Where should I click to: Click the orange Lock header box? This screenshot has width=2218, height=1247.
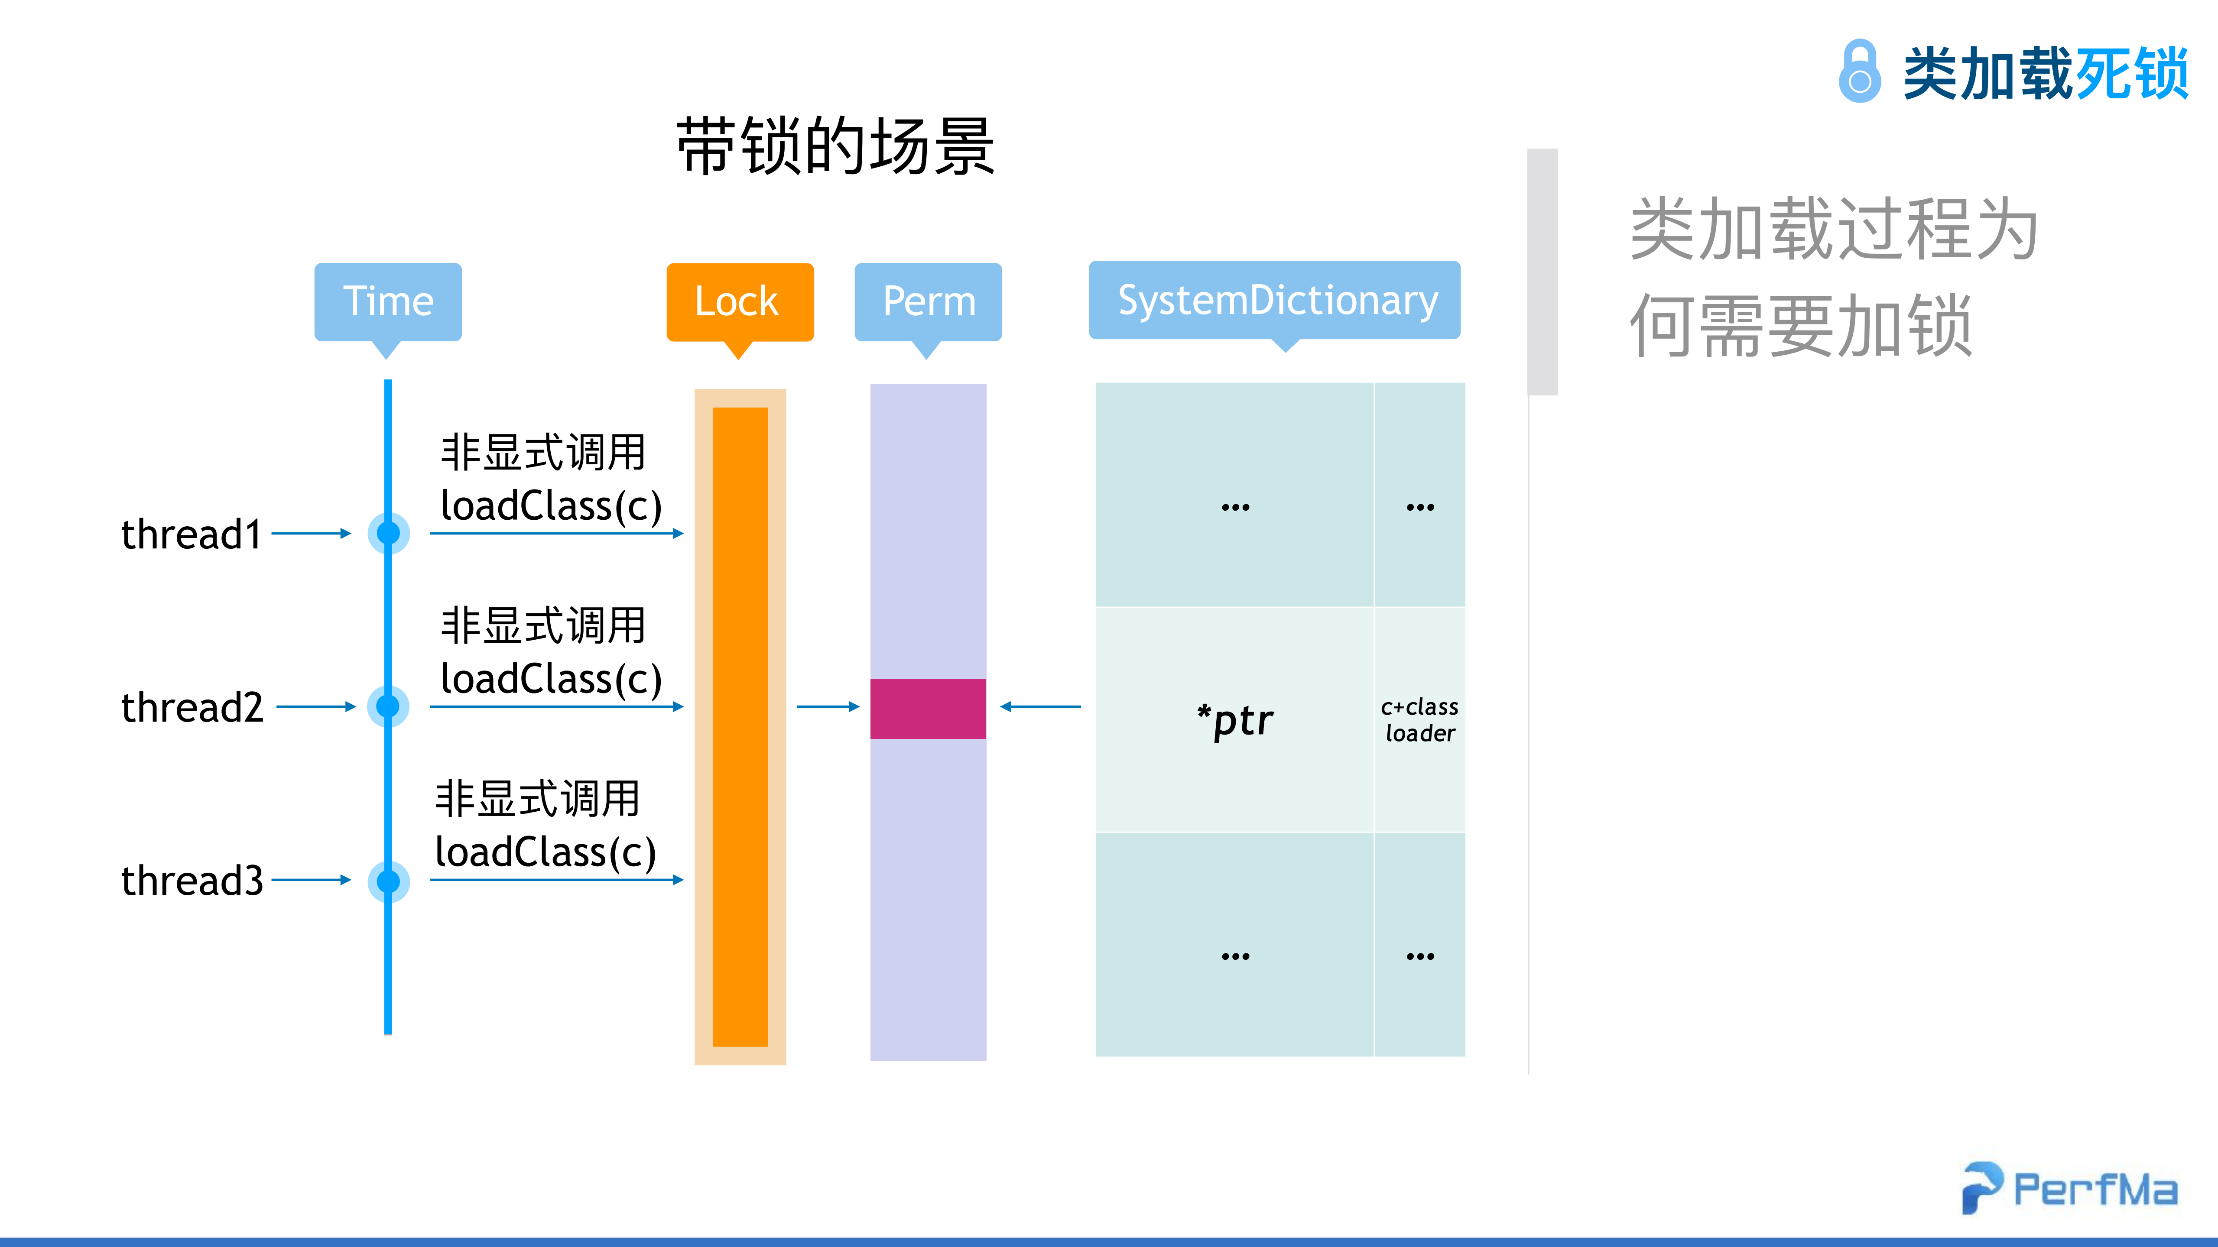pyautogui.click(x=739, y=301)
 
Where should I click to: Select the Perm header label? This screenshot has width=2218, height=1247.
pyautogui.click(x=928, y=301)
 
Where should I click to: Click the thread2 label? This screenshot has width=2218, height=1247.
pyautogui.click(x=191, y=707)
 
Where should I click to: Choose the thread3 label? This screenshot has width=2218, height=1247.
pyautogui.click(x=191, y=881)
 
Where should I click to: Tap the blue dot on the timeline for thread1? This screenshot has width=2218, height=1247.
pyautogui.click(x=388, y=534)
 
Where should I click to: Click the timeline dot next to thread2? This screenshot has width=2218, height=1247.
pyautogui.click(x=388, y=706)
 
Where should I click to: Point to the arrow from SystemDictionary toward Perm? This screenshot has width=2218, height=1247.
pyautogui.click(x=1040, y=706)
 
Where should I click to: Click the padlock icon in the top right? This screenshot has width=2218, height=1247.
pyautogui.click(x=1859, y=71)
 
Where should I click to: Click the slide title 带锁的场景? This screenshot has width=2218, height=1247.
pyautogui.click(x=835, y=146)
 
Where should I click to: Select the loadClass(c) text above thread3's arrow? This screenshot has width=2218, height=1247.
pyautogui.click(x=546, y=852)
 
